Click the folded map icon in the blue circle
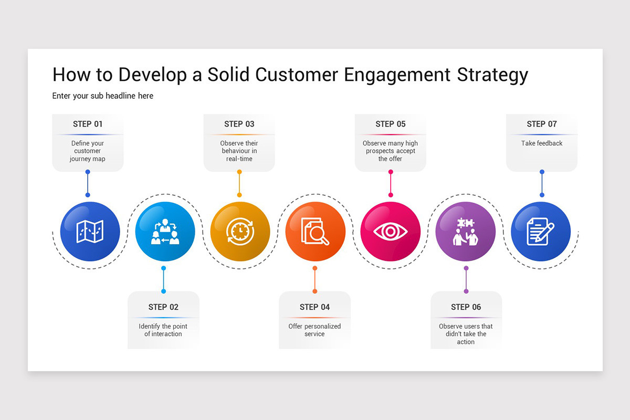click(x=90, y=232)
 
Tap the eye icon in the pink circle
click(x=390, y=232)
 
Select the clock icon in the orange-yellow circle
click(x=240, y=232)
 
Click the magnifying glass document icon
click(x=315, y=232)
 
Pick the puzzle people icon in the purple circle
click(x=465, y=232)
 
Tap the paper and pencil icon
click(x=540, y=232)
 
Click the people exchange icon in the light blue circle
click(x=165, y=232)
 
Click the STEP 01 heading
click(x=88, y=124)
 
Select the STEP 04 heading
click(x=314, y=307)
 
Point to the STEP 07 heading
click(x=541, y=124)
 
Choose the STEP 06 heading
click(x=466, y=307)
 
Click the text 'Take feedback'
click(x=541, y=143)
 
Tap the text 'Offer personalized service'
click(x=314, y=330)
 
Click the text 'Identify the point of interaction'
click(x=163, y=330)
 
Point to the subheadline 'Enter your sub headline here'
click(x=103, y=96)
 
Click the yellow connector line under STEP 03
click(x=239, y=183)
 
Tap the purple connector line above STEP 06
click(x=466, y=279)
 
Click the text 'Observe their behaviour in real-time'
click(x=239, y=151)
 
